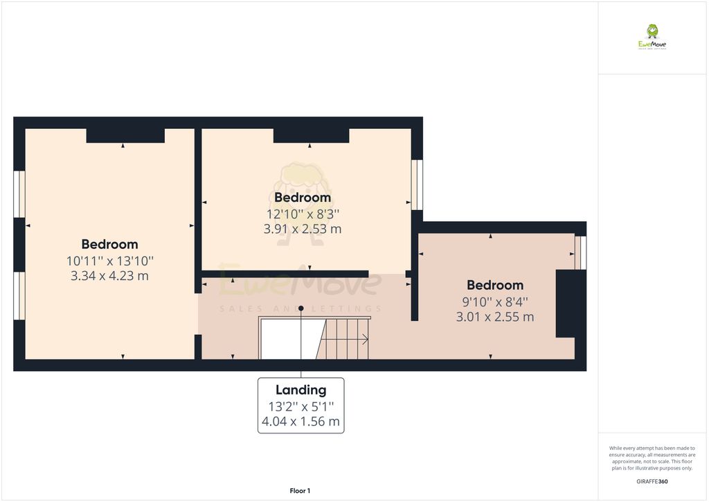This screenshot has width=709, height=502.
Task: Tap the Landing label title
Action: pos(300,390)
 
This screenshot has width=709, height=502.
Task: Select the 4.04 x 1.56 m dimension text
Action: pos(300,421)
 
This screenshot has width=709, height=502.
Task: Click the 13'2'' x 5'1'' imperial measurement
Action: pos(300,406)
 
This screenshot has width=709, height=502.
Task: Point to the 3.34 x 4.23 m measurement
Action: pos(109,275)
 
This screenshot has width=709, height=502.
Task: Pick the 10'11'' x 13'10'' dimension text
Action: pos(109,261)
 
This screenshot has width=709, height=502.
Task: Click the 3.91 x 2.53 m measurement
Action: pos(303,228)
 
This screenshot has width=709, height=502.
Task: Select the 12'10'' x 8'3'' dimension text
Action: pos(303,214)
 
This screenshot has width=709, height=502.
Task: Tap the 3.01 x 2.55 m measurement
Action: pos(495,317)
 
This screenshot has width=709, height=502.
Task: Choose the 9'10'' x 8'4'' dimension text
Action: pos(495,302)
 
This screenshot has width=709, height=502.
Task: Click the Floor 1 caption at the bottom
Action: pos(300,491)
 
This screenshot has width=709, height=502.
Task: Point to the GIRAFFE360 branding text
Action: pos(652,481)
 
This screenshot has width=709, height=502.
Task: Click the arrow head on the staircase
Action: pos(365,339)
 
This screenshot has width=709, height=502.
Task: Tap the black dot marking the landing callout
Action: pos(301,308)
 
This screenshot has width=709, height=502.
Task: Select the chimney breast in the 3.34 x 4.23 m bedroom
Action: pos(125,135)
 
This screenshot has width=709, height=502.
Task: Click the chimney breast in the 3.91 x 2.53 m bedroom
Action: pos(311,135)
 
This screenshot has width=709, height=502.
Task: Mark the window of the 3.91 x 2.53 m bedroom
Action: pos(417,184)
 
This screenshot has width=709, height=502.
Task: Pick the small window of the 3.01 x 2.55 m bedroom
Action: pos(580,252)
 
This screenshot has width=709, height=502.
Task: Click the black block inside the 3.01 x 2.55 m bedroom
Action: pos(566,304)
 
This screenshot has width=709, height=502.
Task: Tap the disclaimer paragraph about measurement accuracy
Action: pos(652,458)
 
